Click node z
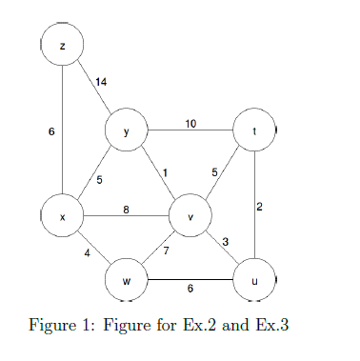pyautogui.click(x=63, y=45)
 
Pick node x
pyautogui.click(x=63, y=217)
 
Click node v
pyautogui.click(x=190, y=217)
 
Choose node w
pyautogui.click(x=127, y=281)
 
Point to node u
pyautogui.click(x=254, y=281)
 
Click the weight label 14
pyautogui.click(x=101, y=82)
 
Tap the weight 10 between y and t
pyautogui.click(x=190, y=124)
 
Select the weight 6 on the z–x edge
pyautogui.click(x=50, y=131)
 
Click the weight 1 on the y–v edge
pyautogui.click(x=165, y=171)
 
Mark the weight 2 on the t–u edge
pyautogui.click(x=260, y=207)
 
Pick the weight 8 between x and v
pyautogui.click(x=126, y=210)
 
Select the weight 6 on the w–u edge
pyautogui.click(x=190, y=289)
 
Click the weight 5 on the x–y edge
pyautogui.click(x=99, y=179)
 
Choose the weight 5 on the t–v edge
pyautogui.click(x=214, y=171)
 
